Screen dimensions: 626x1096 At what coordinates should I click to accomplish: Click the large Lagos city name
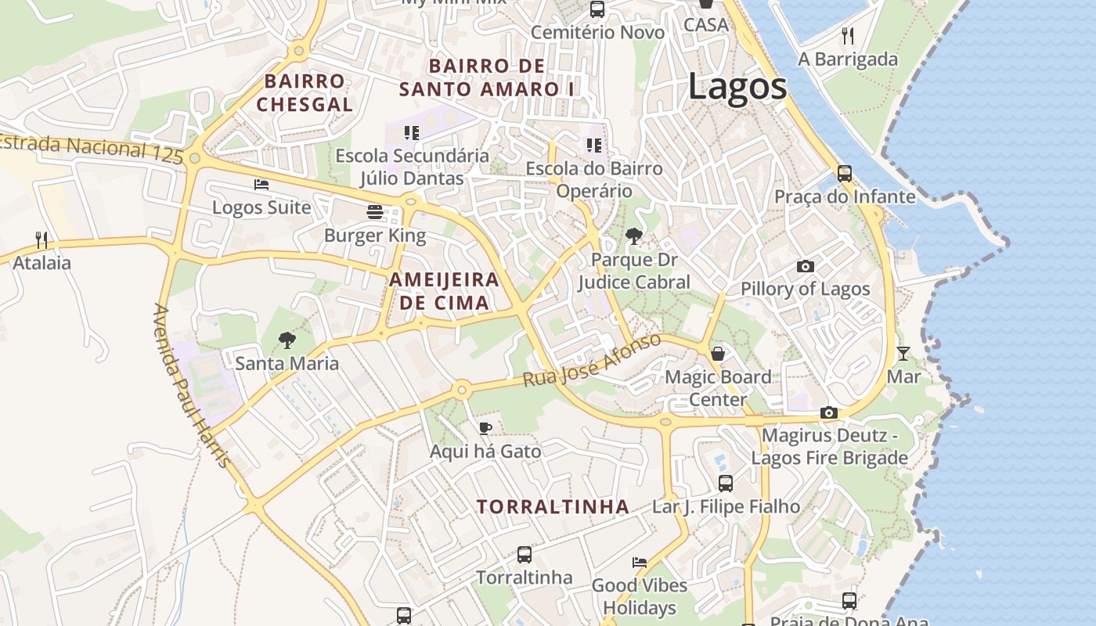tap(737, 86)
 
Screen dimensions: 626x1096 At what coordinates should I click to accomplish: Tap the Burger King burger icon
tap(375, 212)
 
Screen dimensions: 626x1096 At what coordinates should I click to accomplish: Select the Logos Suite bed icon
tap(261, 185)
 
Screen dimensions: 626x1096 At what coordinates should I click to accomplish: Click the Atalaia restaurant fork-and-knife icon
tap(41, 239)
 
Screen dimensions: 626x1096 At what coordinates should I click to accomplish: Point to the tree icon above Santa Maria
tap(287, 340)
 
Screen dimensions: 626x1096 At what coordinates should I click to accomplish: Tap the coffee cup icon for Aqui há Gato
tap(485, 428)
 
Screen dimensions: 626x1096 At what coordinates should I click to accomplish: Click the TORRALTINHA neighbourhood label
tap(553, 507)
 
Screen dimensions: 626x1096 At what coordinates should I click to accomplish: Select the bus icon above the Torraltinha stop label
tap(525, 555)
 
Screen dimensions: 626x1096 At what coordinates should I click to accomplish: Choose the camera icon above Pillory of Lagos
tap(805, 267)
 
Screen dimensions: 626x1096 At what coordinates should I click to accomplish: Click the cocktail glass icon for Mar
tap(903, 354)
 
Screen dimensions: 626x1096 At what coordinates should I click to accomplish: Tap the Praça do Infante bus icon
tap(844, 174)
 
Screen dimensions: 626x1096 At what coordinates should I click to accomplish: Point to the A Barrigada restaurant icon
tap(847, 35)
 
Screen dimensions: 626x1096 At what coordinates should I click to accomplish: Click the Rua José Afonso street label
tap(593, 361)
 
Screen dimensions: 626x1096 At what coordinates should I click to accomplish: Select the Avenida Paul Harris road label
tap(192, 386)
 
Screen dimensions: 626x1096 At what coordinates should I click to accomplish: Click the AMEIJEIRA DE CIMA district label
tap(444, 291)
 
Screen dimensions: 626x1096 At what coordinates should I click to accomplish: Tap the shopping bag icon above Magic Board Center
tap(718, 354)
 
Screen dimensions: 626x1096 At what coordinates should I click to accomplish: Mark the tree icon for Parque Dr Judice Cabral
tap(634, 236)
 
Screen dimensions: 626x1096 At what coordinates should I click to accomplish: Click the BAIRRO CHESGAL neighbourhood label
tap(305, 92)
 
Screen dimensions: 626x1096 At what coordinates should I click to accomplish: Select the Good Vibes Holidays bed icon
tap(640, 563)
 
